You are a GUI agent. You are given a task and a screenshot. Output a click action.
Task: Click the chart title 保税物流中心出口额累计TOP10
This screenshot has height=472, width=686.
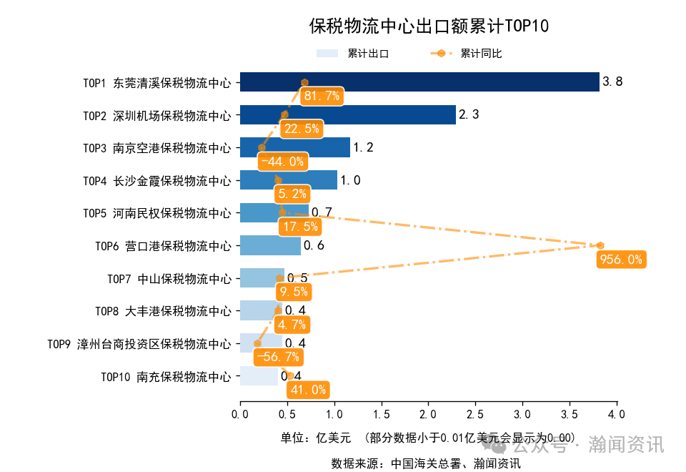coord(428,26)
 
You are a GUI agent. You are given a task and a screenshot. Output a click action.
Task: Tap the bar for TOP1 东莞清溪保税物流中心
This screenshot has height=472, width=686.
coord(419,82)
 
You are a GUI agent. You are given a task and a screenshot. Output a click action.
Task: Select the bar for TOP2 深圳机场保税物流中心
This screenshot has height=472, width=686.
coord(347,115)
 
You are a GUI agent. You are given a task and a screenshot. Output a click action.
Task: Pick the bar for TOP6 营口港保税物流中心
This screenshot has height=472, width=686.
coord(270,246)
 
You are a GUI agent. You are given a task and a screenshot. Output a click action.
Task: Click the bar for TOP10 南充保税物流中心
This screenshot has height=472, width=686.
coord(259,376)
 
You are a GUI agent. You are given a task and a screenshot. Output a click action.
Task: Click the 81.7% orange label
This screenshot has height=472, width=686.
coord(321,97)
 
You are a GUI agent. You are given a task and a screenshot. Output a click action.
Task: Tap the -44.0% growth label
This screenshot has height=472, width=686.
coord(282,162)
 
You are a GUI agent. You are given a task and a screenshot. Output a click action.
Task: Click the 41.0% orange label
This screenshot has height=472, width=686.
coord(308,390)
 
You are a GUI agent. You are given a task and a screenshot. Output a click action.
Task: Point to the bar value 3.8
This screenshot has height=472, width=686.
coord(612,82)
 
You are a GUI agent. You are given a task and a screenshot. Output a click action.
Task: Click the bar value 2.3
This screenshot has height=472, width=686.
coord(469,115)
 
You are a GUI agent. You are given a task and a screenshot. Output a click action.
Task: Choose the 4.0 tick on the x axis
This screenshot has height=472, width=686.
coord(616,415)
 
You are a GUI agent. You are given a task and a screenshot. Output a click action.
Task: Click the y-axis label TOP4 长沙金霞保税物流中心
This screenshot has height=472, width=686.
coord(156,181)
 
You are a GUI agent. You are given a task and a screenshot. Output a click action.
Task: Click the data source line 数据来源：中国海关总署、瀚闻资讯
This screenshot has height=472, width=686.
coord(425,463)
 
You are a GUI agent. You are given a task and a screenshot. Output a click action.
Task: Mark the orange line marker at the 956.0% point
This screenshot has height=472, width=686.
coord(600,246)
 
